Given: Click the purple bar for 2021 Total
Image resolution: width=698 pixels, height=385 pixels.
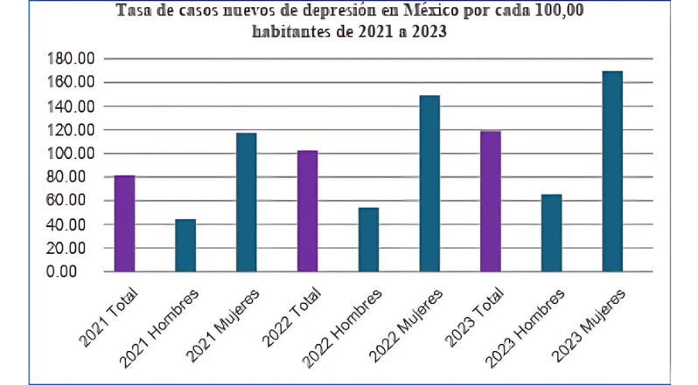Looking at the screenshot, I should pyautogui.click(x=124, y=223).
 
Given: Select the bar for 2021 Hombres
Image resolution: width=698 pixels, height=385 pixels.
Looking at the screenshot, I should pyautogui.click(x=185, y=245).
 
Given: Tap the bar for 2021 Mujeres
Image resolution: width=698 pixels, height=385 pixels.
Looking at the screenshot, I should pyautogui.click(x=246, y=203).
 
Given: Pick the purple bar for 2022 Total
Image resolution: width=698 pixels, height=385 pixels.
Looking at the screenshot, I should pyautogui.click(x=307, y=211).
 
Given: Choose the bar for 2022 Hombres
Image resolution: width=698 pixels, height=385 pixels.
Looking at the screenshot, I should pyautogui.click(x=368, y=240).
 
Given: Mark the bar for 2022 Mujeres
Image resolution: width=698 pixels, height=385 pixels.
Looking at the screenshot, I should pyautogui.click(x=429, y=183).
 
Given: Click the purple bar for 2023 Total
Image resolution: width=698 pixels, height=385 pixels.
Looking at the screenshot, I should pyautogui.click(x=490, y=202).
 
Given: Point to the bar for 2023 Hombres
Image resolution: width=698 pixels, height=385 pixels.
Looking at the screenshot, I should pyautogui.click(x=551, y=233).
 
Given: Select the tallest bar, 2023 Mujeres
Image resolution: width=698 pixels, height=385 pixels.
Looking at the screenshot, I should pyautogui.click(x=611, y=171).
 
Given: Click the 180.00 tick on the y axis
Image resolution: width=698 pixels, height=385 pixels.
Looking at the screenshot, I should pyautogui.click(x=73, y=59).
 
